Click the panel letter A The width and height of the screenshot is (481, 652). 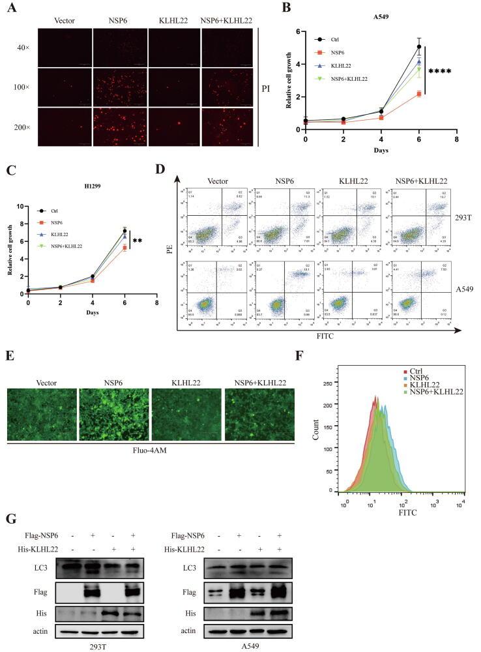click(10, 8)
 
